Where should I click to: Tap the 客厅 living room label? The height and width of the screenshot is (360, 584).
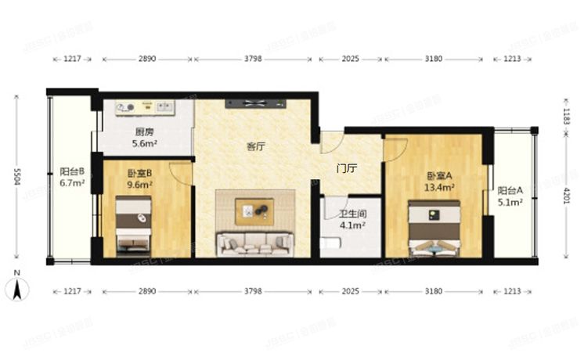[256, 146]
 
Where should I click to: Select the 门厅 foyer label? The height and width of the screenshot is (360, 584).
[346, 167]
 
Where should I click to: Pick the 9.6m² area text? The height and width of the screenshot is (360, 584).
[139, 186]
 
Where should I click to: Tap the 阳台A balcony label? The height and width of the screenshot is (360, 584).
[511, 190]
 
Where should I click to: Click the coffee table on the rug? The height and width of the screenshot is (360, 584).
[255, 210]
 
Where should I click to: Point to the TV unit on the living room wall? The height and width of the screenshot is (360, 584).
[256, 103]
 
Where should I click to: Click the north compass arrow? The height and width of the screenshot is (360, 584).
[16, 289]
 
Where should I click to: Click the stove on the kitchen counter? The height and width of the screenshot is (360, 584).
[126, 107]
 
